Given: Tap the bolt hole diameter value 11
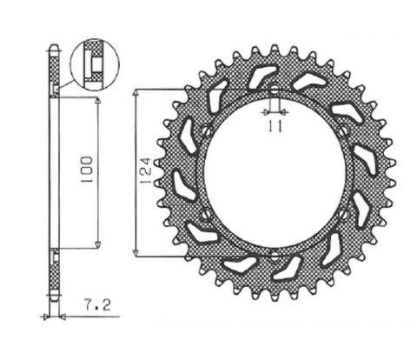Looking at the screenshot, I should tap(274, 128).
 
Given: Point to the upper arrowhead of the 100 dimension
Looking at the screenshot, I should tap(97, 102).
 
